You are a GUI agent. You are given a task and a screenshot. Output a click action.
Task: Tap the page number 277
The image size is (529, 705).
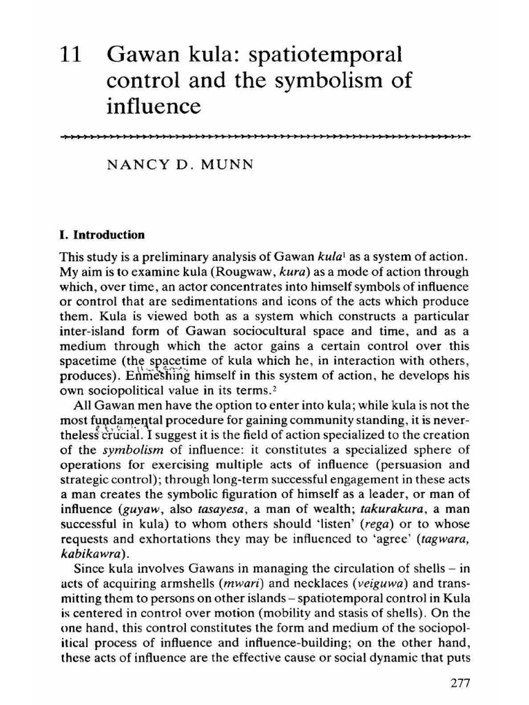tap(455, 683)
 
